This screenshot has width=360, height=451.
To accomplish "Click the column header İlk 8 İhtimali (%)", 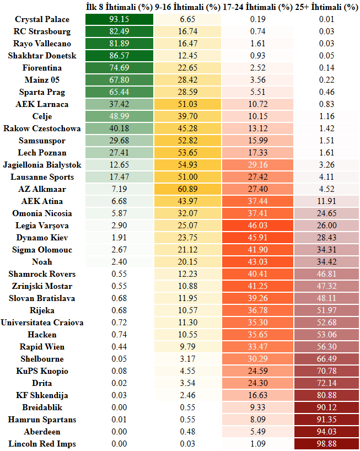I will [119, 7].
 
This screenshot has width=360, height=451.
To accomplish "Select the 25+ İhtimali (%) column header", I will [326, 7].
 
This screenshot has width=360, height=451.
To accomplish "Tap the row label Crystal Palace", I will [42, 19].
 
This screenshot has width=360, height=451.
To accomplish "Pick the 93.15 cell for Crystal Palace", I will [119, 19].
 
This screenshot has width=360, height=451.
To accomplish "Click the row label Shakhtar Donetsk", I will [42, 56].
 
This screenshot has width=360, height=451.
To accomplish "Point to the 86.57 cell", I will [119, 56].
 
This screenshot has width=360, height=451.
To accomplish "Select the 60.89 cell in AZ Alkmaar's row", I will [188, 189].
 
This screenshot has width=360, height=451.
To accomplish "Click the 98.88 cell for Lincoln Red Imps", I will [326, 444].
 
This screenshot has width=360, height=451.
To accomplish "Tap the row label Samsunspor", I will [42, 141].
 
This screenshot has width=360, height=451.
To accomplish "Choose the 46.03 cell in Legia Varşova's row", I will [257, 225].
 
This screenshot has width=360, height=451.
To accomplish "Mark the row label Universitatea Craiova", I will [42, 323].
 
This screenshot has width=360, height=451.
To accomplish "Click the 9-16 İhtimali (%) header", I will [188, 7].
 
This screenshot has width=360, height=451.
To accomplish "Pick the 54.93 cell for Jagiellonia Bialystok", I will [188, 165].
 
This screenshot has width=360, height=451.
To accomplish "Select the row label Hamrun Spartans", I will [42, 420].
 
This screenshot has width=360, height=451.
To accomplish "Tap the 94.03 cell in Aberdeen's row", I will [326, 432].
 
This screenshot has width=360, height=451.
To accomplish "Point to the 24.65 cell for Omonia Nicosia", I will [326, 213].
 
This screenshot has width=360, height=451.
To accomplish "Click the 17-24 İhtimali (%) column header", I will [257, 7].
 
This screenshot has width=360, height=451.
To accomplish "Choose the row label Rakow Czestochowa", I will [42, 128].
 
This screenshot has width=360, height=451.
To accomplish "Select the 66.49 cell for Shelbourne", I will [326, 359].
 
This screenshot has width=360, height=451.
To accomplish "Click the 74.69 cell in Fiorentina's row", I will [119, 68].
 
